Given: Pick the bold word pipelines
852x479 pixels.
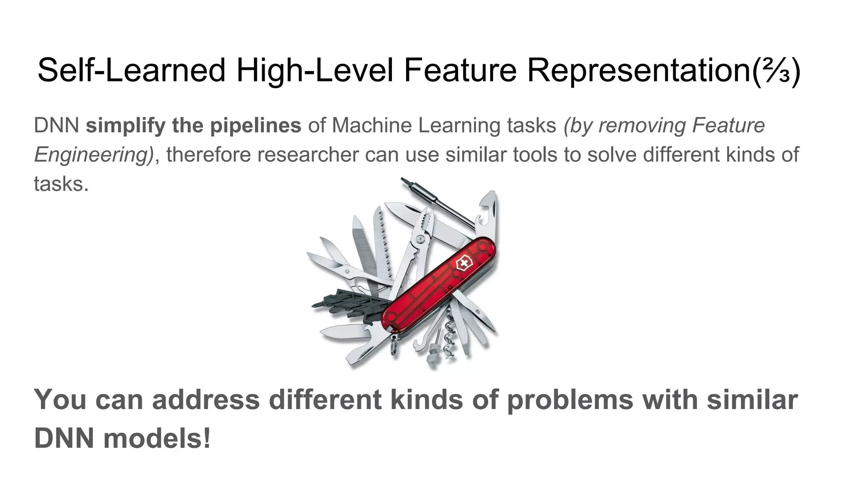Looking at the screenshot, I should coord(255,126).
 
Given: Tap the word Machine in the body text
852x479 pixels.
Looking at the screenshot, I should coord(372,126).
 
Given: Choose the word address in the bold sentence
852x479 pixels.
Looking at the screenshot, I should coord(206,400).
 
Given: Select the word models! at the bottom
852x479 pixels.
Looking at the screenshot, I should coord(157,439).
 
